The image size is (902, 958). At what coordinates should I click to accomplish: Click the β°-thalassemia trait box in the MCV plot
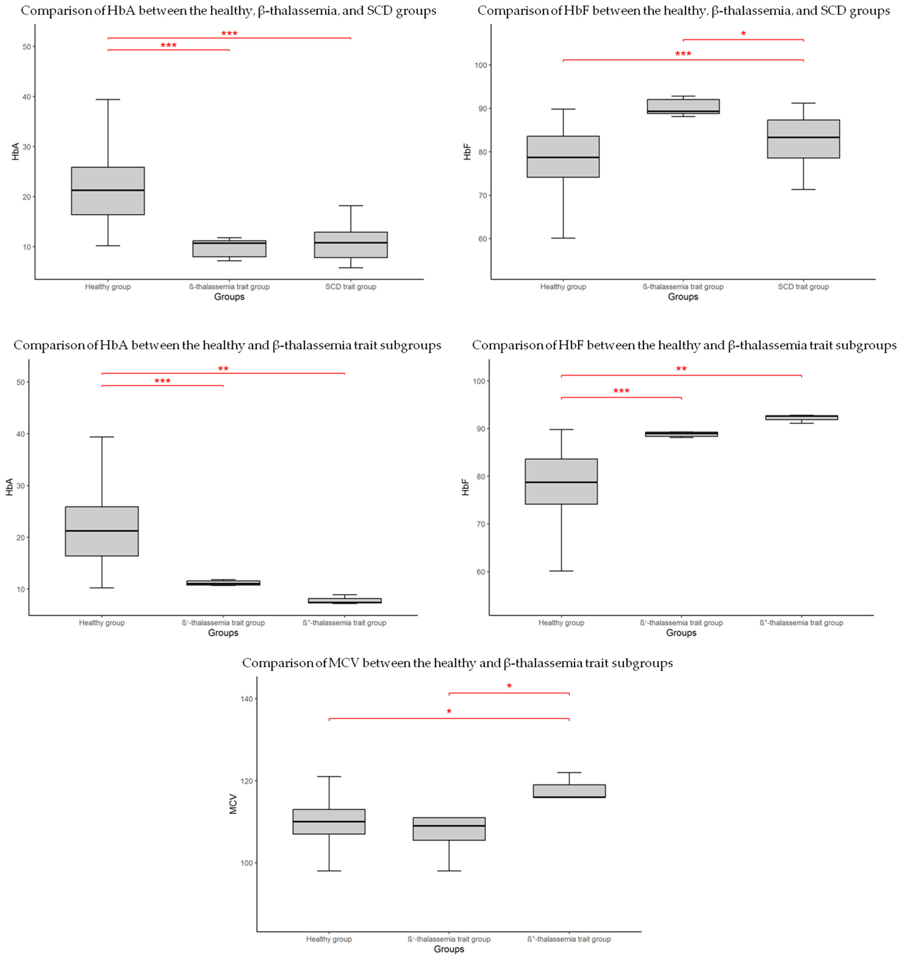click(x=569, y=791)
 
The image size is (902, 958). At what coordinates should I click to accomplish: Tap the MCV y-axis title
click(x=233, y=804)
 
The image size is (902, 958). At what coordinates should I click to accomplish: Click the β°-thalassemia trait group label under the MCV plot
click(x=569, y=939)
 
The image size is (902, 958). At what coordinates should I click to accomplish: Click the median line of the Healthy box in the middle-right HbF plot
click(x=561, y=482)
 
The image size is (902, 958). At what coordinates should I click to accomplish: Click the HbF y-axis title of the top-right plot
click(x=467, y=152)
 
